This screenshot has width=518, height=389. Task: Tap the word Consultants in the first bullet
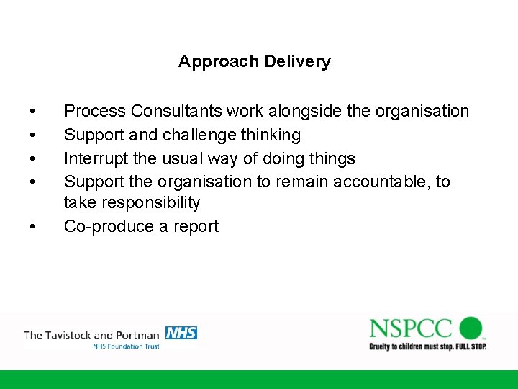(177, 112)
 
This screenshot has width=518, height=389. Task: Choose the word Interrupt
(95, 158)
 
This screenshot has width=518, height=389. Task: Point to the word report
(196, 226)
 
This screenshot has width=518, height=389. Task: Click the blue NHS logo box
(181, 333)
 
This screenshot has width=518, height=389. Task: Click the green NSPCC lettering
(411, 328)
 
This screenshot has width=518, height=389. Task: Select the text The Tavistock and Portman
(92, 335)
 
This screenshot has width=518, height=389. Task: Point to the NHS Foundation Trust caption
(126, 346)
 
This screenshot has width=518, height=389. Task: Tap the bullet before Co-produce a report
(33, 227)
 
